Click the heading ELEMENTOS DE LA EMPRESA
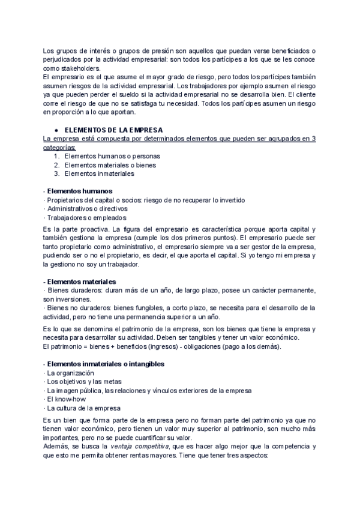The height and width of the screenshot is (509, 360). coord(113,130)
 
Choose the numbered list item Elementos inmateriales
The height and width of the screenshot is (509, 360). coord(98,174)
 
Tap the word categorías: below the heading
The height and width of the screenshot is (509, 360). coord(59,147)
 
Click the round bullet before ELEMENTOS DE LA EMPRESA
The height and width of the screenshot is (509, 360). coord(55,130)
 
